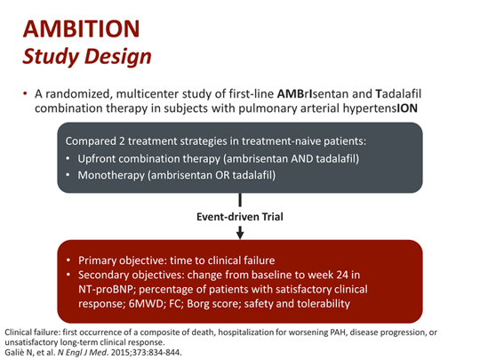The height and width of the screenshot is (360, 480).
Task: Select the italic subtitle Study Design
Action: pyautogui.click(x=86, y=54)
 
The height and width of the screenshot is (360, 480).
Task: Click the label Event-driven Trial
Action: pyautogui.click(x=240, y=215)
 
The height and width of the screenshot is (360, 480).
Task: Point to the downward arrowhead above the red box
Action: pyautogui.click(x=240, y=233)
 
